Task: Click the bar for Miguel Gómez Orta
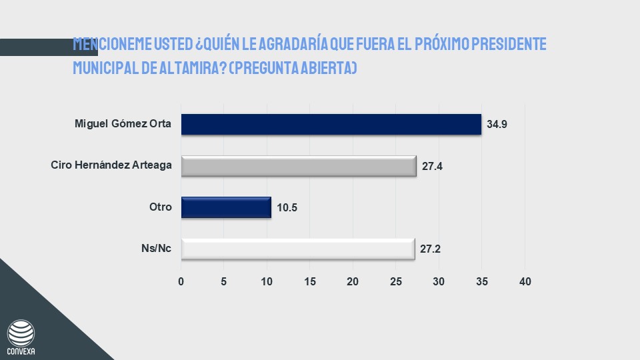tap(331, 125)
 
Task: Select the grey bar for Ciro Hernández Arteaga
tap(299, 166)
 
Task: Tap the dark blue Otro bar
tap(226, 207)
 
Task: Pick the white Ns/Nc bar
tap(298, 249)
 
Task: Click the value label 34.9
tap(497, 125)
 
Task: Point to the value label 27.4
tap(432, 166)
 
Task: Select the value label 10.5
tap(286, 207)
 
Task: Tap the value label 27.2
tap(431, 249)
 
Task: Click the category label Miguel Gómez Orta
tap(124, 124)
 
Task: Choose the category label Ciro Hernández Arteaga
tap(111, 165)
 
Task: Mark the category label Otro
tap(161, 207)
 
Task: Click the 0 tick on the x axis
tap(181, 282)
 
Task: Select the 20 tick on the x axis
tap(353, 282)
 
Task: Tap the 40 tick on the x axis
tap(525, 282)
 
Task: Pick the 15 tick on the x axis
tap(310, 282)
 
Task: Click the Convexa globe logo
tap(20, 332)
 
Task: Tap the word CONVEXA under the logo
tap(20, 351)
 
